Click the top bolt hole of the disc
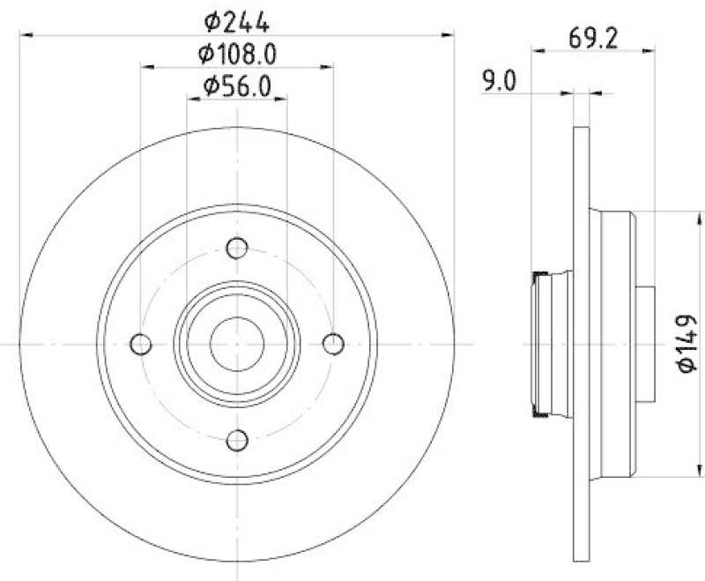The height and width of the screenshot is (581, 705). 236,249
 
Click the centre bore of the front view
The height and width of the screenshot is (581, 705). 236,343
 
